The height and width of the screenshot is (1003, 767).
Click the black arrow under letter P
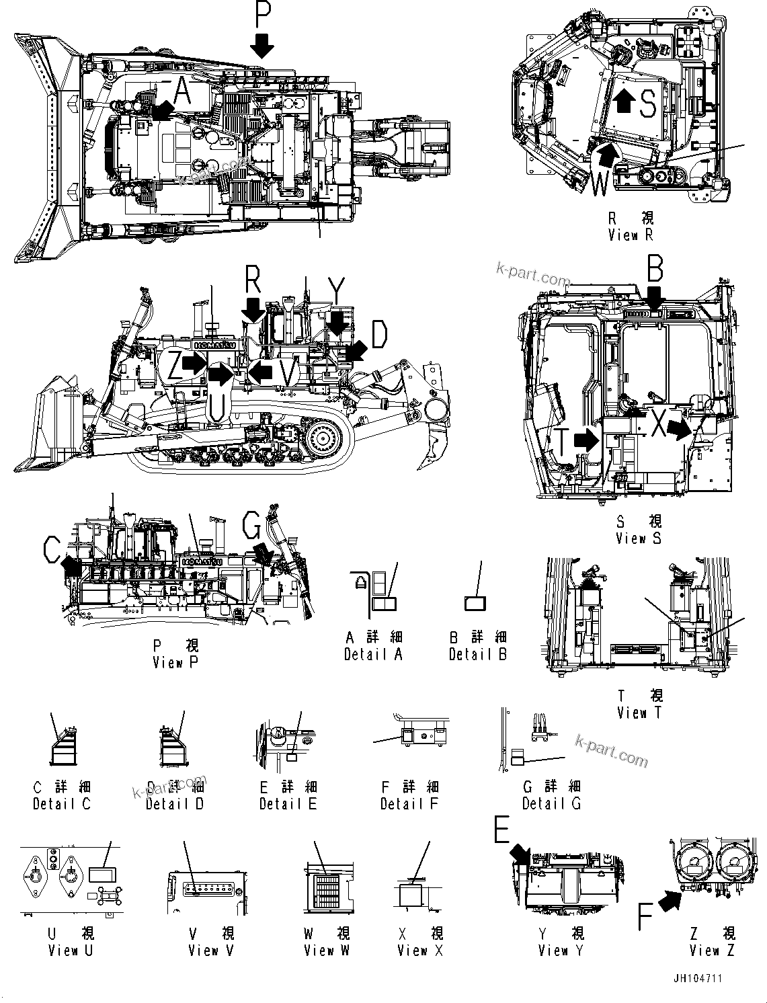pyautogui.click(x=262, y=46)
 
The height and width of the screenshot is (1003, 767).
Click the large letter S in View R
pyautogui.click(x=647, y=104)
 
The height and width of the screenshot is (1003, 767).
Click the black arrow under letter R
pyautogui.click(x=253, y=311)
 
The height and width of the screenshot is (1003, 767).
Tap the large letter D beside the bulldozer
pyautogui.click(x=380, y=334)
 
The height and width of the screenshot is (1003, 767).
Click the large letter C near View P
pyautogui.click(x=52, y=551)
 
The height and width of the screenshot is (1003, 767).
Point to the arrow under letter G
pyautogui.click(x=264, y=555)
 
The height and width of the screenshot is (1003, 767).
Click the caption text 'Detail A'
pyautogui.click(x=373, y=654)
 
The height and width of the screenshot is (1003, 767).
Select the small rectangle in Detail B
pyautogui.click(x=475, y=603)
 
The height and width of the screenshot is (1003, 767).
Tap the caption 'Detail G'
pyautogui.click(x=551, y=803)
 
